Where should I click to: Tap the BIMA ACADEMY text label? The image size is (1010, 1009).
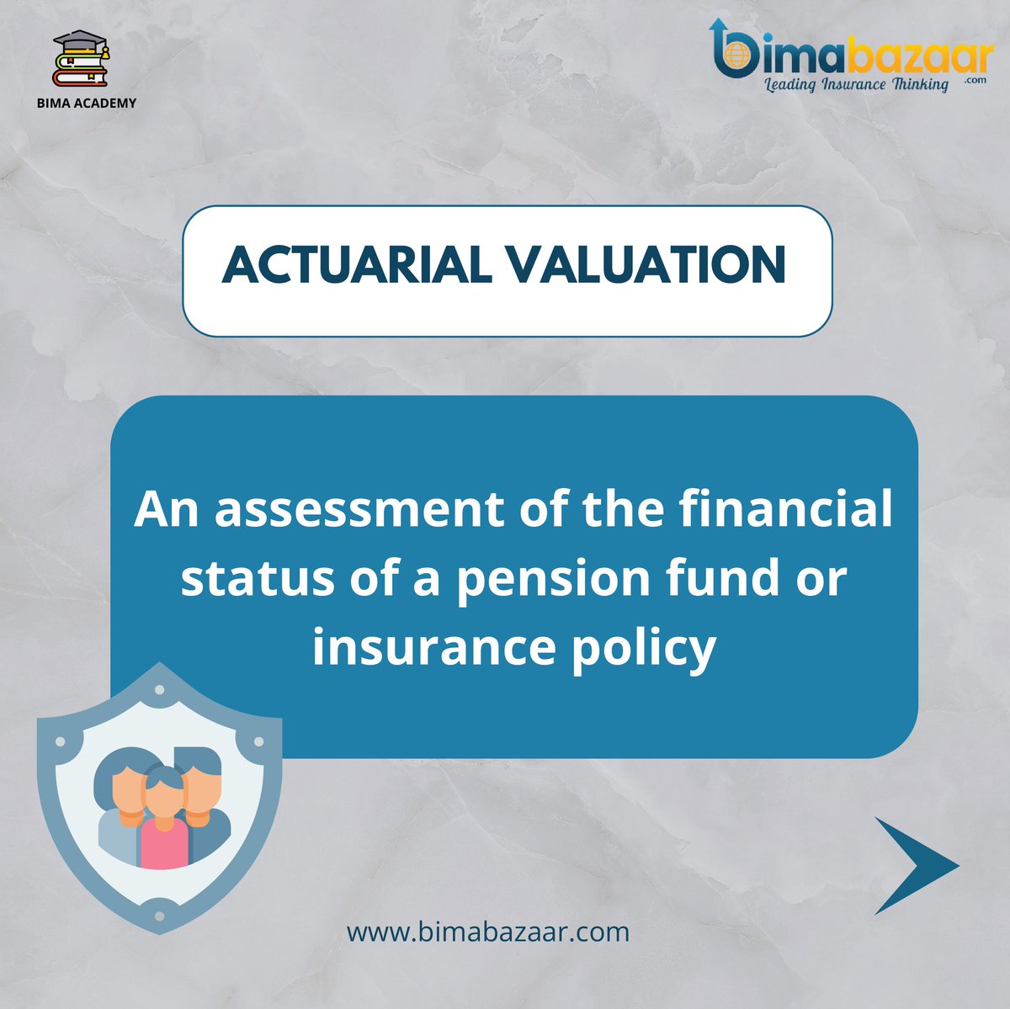(x=87, y=103)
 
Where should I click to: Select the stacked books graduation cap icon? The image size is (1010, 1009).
(x=81, y=59)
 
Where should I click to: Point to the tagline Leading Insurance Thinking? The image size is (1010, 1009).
(x=855, y=84)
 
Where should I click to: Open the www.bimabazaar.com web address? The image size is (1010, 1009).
(x=488, y=932)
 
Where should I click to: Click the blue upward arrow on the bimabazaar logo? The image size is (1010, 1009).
(x=718, y=34)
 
